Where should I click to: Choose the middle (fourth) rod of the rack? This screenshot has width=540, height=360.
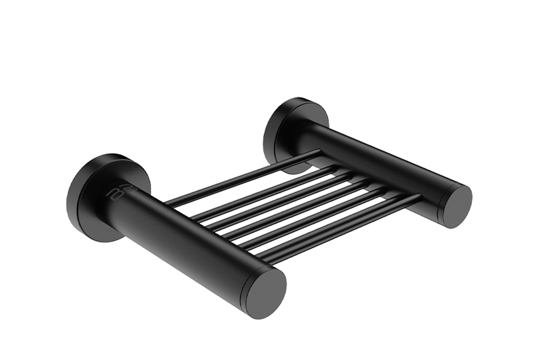[292, 203]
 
